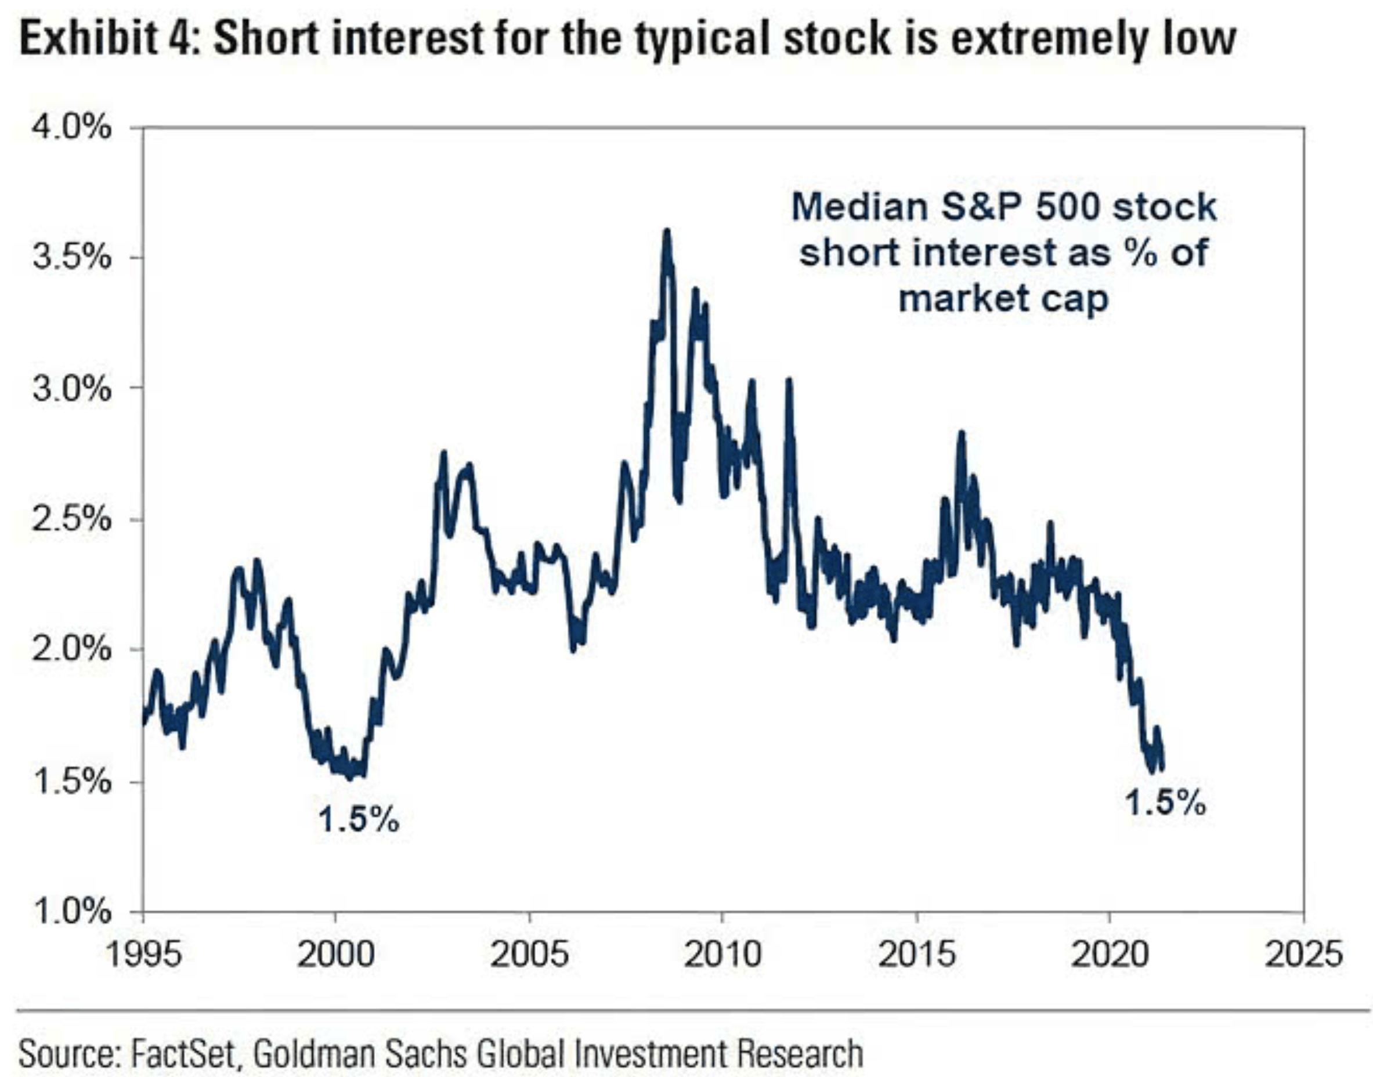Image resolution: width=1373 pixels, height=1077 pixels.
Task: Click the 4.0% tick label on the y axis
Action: (x=71, y=128)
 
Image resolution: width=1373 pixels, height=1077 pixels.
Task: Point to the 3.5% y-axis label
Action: (x=71, y=257)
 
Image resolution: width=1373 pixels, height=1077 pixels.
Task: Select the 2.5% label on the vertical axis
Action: (x=71, y=519)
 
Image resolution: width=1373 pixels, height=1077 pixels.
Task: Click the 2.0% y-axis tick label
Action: (x=71, y=649)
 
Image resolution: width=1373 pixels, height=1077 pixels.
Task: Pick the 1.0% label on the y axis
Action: (x=71, y=911)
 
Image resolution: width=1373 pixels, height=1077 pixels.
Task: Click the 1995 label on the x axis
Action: (x=143, y=954)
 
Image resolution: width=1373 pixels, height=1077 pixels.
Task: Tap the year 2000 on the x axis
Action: (x=335, y=954)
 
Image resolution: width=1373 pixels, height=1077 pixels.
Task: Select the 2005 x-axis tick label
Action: (x=529, y=954)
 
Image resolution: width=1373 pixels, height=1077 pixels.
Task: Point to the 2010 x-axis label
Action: (x=722, y=954)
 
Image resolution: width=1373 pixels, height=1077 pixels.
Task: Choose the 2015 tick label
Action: (x=916, y=954)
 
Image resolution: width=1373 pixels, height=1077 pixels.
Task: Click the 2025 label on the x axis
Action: (x=1303, y=954)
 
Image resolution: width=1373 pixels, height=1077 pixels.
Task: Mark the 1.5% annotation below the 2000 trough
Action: (x=358, y=820)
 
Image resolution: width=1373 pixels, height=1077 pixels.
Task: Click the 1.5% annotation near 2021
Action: (x=1165, y=803)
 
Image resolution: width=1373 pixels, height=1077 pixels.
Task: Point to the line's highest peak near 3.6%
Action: (x=667, y=232)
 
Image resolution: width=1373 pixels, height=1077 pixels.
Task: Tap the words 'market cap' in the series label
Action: (x=1003, y=298)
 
